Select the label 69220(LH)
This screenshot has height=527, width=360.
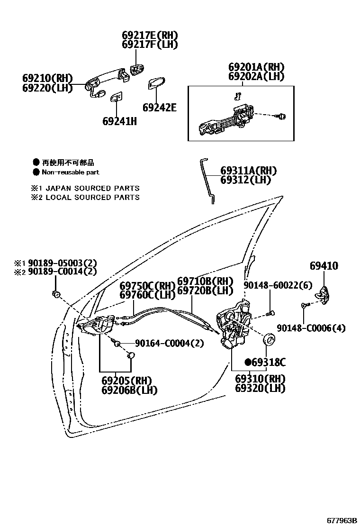click(47, 88)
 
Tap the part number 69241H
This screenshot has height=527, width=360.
click(119, 121)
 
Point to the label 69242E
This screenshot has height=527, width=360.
click(160, 108)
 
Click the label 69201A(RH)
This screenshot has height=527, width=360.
click(256, 67)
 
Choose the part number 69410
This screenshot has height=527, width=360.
click(324, 266)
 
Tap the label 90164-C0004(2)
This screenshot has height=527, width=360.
click(169, 343)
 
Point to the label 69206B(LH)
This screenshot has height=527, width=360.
click(129, 390)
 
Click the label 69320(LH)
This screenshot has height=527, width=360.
click(260, 388)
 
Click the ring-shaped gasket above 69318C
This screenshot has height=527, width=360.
click(269, 339)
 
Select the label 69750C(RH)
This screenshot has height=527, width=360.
click(147, 286)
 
